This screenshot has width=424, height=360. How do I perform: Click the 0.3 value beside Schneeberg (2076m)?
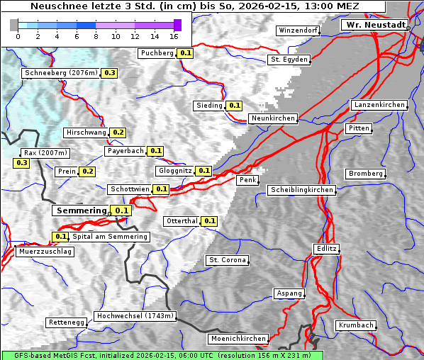110,73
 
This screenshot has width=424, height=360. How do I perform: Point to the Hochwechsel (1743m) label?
135,316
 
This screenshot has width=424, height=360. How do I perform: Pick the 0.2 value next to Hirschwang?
118,133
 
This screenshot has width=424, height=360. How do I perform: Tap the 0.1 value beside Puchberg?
185,53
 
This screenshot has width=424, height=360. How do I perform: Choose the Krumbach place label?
355,325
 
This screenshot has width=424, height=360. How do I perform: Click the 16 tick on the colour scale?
174,36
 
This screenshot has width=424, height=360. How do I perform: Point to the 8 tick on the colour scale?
96,36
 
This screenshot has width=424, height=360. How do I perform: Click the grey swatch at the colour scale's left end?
14,25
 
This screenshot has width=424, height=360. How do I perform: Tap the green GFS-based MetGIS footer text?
162,355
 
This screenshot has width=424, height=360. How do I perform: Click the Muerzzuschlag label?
45,252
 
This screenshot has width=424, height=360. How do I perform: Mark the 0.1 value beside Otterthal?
209,221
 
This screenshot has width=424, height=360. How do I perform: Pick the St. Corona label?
228,260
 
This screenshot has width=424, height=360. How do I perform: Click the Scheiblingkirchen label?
302,190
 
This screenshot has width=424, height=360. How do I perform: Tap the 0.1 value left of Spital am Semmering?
60,237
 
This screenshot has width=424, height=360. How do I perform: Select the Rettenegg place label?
66,322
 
